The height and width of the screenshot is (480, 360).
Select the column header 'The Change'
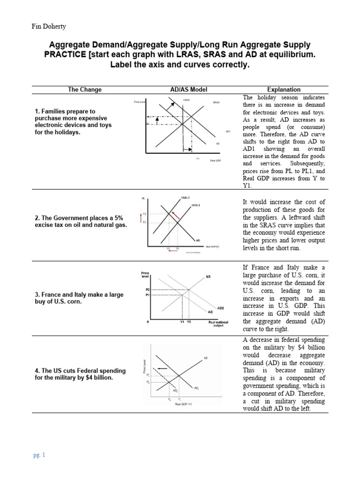(x=84, y=90)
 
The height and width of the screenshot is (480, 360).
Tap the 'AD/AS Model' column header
(x=188, y=90)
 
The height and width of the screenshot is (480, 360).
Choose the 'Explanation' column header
(x=284, y=90)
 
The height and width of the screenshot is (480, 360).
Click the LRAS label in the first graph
(x=186, y=100)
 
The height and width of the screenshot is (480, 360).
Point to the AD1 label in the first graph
(x=228, y=131)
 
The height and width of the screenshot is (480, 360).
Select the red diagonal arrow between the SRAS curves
(x=176, y=215)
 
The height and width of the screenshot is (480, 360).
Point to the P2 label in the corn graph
(x=147, y=290)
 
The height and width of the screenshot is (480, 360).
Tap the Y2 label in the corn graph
(x=188, y=322)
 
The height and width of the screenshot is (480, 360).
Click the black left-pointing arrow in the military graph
(x=162, y=369)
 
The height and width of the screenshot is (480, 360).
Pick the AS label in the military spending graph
(x=205, y=358)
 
